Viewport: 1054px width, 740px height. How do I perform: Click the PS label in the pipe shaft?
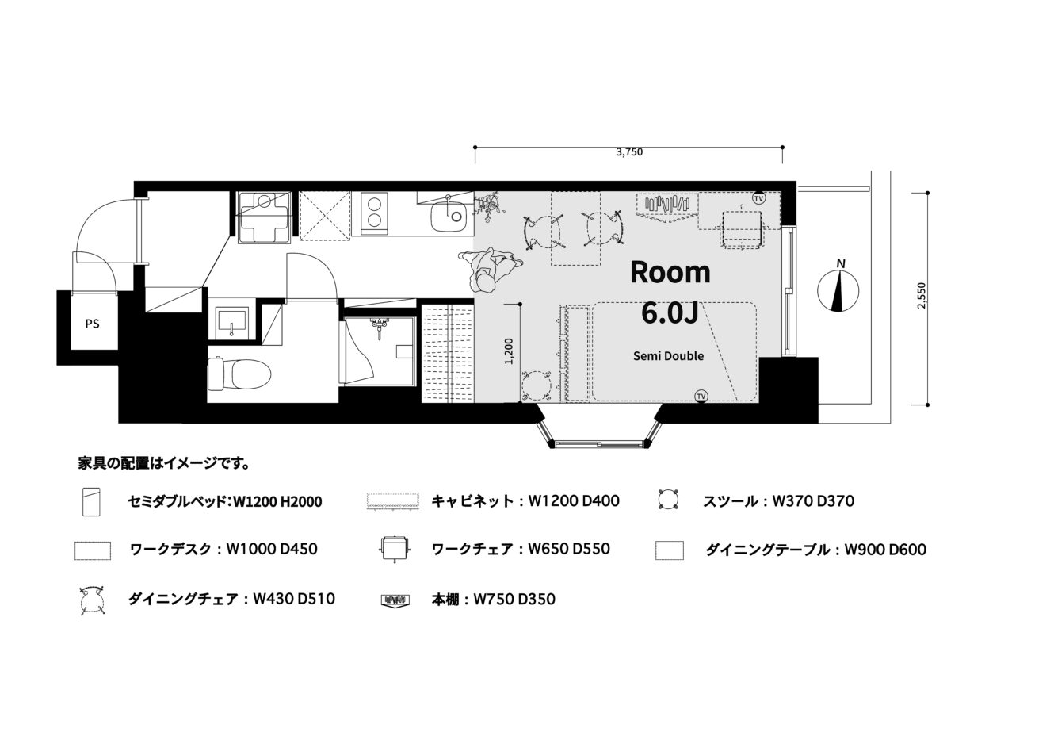pos(93,324)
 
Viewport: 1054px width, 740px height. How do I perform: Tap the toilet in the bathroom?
pos(239,374)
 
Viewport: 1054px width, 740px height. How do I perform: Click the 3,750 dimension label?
pos(629,151)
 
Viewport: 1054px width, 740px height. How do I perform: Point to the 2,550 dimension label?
pos(922,296)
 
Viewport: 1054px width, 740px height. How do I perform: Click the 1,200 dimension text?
pos(508,351)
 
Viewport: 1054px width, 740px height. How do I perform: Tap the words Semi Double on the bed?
pos(668,356)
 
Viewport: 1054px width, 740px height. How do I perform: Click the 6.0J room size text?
pos(670,314)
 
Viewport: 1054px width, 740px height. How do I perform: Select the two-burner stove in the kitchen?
pos(375,213)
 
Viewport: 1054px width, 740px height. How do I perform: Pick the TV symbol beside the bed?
pos(701,396)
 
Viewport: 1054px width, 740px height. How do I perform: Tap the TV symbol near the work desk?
pos(758,198)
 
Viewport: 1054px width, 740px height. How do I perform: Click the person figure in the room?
pos(490,269)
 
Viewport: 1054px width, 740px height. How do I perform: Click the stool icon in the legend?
pos(669,500)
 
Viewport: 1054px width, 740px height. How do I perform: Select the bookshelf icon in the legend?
pos(395,600)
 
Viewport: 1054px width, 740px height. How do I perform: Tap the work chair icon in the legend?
pos(395,548)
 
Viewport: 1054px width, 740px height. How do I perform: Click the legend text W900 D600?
pos(885,550)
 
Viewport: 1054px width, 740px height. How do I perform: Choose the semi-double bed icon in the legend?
pos(91,501)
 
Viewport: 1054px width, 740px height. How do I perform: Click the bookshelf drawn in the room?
pos(666,208)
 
